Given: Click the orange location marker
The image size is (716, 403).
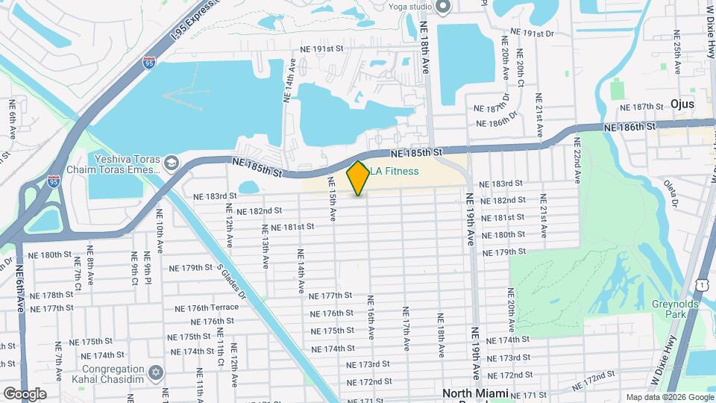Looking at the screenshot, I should pos(359,178).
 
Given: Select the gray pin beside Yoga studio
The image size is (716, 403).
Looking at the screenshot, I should pos(443,7).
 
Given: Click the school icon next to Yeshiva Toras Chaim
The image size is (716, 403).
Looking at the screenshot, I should pos(172,163).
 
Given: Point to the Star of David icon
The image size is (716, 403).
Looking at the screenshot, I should pos(156,371).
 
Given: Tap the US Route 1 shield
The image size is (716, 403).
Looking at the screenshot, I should pos(702,284).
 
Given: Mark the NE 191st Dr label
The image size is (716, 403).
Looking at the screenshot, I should pos(533,34).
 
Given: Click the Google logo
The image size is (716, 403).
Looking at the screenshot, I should pos(25,393).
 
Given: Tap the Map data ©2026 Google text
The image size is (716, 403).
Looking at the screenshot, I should pos(670,397).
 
